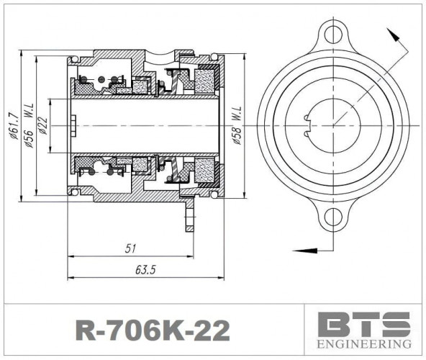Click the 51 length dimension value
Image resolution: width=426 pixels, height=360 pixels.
(x=130, y=248)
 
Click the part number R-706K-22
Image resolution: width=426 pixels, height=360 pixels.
(x=153, y=330)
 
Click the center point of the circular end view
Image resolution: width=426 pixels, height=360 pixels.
(x=332, y=125)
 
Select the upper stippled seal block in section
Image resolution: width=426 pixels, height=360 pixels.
(x=209, y=77)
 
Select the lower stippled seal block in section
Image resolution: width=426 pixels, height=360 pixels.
(x=209, y=174)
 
